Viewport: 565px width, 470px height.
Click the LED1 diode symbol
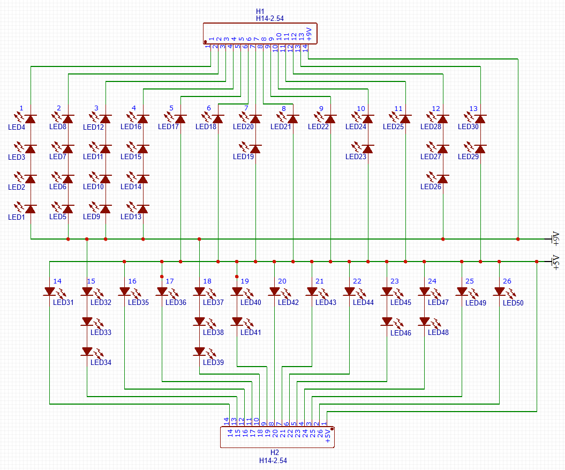pos(31,208)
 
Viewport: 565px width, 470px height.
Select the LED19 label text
pos(243,157)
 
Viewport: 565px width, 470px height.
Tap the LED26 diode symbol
pos(443,178)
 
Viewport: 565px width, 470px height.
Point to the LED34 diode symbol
pos(87,352)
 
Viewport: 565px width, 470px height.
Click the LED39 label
pos(213,363)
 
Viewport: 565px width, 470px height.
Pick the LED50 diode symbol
pos(500,292)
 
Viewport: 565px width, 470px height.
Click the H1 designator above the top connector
pos(260,11)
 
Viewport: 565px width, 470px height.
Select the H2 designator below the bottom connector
pos(275,452)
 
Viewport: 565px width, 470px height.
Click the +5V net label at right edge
pos(555,260)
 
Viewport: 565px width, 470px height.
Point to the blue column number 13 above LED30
pos(473,108)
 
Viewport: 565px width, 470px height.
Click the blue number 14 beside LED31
pos(57,281)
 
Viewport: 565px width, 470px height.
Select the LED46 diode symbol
pos(387,322)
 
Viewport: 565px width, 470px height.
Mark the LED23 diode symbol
pos(368,148)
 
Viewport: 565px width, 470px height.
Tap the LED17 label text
pos(168,127)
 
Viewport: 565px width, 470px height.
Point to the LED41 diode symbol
pos(237,322)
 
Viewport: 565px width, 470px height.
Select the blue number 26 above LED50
pos(507,281)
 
